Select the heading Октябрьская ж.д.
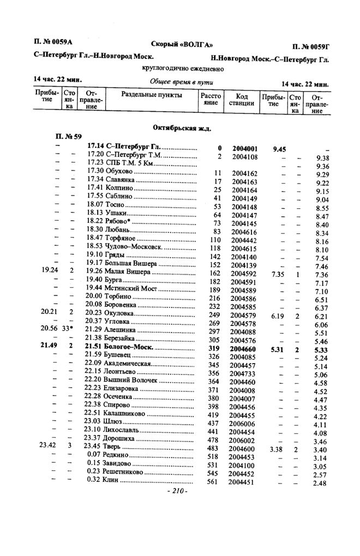182,128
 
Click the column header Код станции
241,99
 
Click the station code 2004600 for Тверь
241,448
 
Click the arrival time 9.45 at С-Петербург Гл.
279,148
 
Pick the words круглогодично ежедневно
183,69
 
